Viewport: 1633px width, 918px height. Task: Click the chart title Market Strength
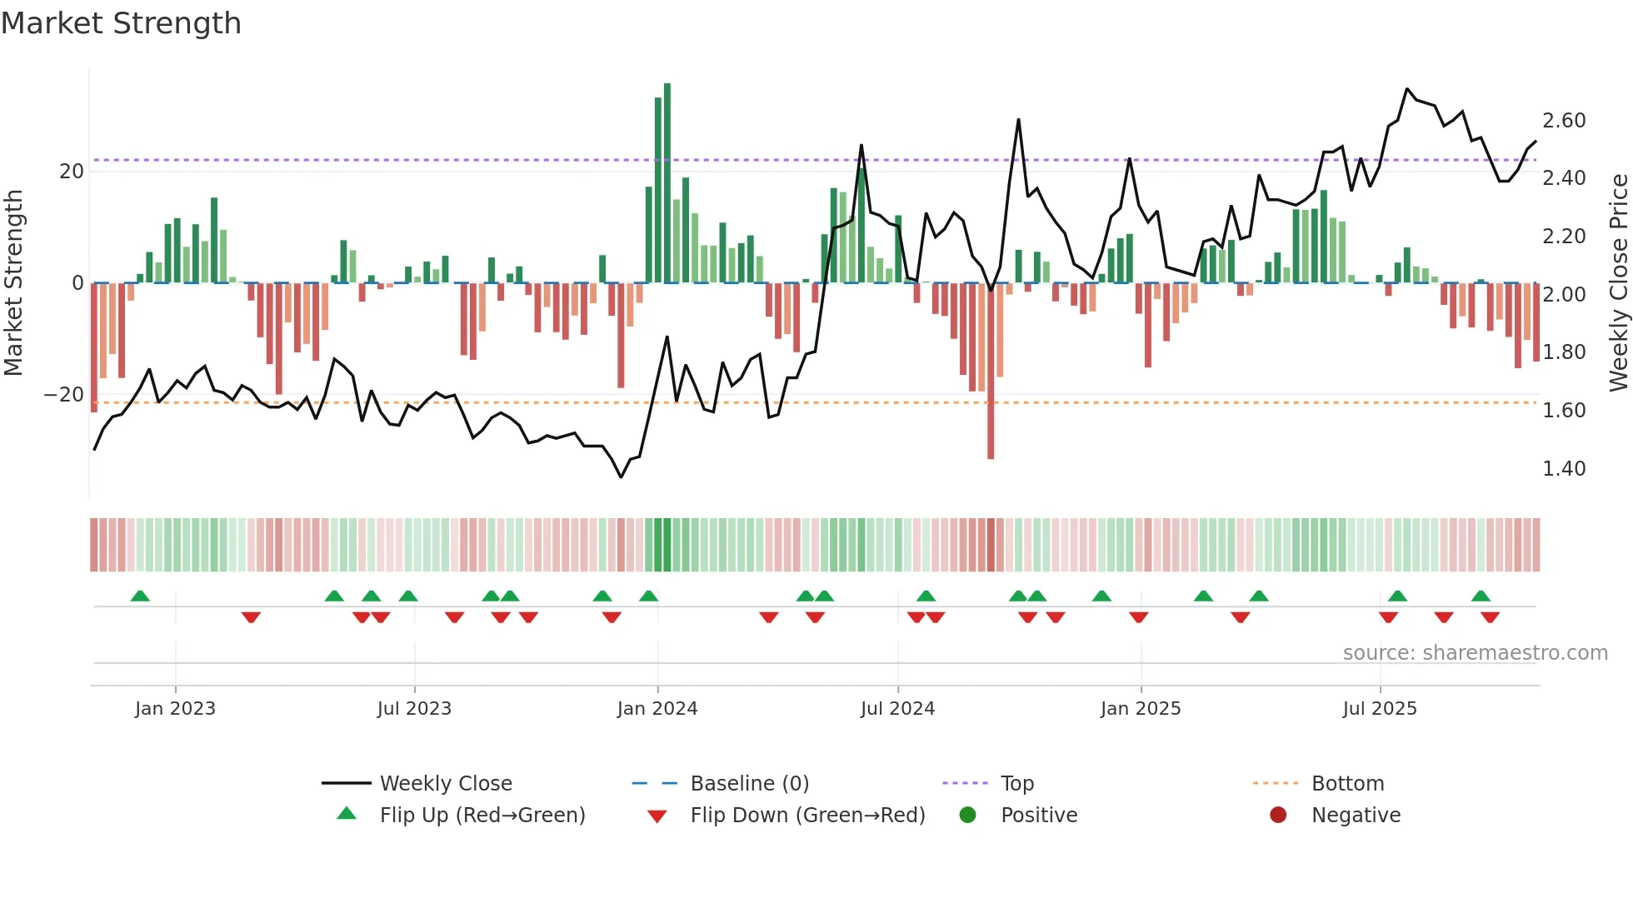(121, 23)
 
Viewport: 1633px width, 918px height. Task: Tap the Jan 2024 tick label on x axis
(657, 709)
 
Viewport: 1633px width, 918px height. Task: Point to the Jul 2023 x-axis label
(414, 709)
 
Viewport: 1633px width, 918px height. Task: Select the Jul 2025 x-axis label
(1380, 709)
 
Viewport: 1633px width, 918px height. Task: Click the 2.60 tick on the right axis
(1564, 121)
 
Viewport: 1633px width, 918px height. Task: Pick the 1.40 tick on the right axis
(1564, 469)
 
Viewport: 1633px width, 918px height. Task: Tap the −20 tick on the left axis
(64, 395)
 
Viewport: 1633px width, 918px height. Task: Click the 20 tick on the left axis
(72, 172)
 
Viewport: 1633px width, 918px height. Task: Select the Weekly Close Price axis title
(1618, 282)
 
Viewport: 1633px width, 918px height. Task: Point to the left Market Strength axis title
(13, 282)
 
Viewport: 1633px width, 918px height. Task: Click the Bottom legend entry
(1347, 784)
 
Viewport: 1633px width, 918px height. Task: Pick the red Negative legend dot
(1278, 816)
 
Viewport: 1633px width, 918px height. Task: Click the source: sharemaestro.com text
(1475, 653)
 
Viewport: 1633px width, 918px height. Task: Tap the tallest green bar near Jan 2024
(667, 183)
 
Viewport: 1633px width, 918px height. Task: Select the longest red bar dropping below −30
(991, 375)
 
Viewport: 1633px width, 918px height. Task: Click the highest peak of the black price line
(1407, 89)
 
